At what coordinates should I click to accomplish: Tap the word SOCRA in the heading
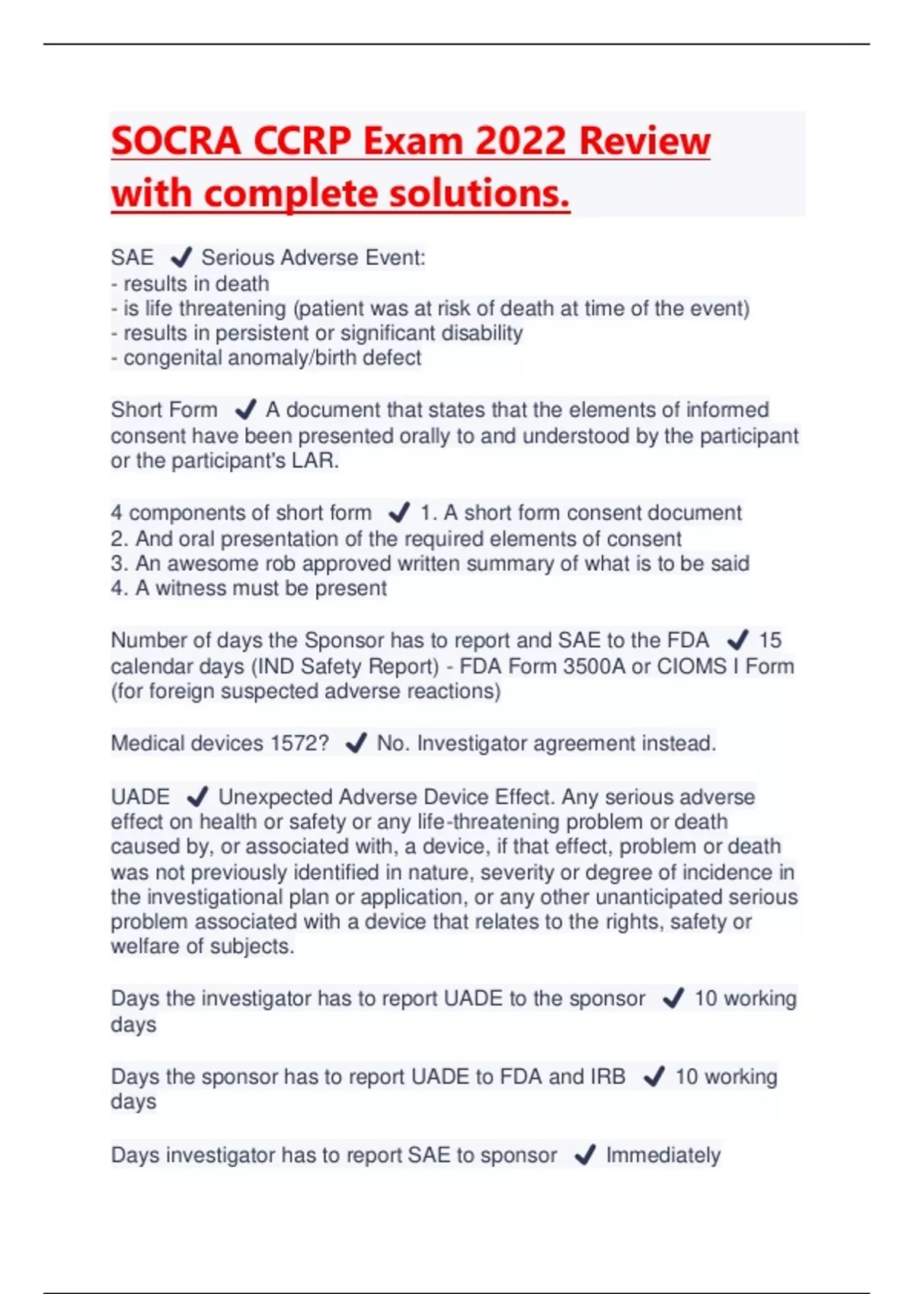[x=176, y=141]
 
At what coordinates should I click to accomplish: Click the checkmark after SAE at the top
[x=181, y=257]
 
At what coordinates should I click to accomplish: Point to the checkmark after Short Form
[x=245, y=410]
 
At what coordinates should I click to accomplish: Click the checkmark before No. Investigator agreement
[x=356, y=743]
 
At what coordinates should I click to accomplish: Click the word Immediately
[x=663, y=1155]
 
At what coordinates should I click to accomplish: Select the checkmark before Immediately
[x=585, y=1155]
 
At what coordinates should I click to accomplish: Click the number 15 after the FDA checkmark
[x=770, y=640]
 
